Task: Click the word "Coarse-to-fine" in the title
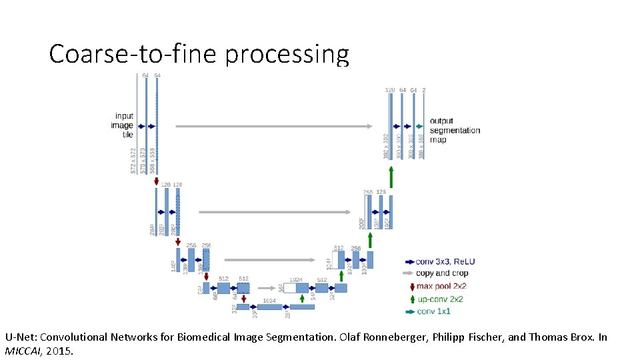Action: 133,54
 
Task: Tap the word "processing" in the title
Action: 287,55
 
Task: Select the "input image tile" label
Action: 123,125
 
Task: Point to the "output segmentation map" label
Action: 454,130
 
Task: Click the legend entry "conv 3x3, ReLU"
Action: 445,261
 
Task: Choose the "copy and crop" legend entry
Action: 441,273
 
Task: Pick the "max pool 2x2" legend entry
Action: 441,286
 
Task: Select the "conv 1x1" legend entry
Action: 433,311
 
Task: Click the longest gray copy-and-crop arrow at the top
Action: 273,125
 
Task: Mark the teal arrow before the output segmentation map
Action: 419,125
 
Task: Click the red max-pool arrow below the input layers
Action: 156,181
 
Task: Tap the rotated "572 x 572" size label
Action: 134,161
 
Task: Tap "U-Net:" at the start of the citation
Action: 20,337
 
